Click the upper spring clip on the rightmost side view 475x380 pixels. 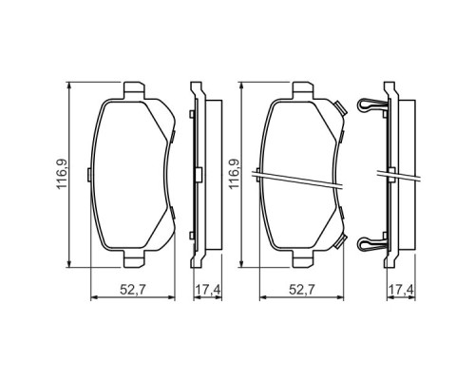point(372,104)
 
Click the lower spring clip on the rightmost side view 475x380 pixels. point(372,243)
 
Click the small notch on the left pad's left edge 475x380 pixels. point(90,174)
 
